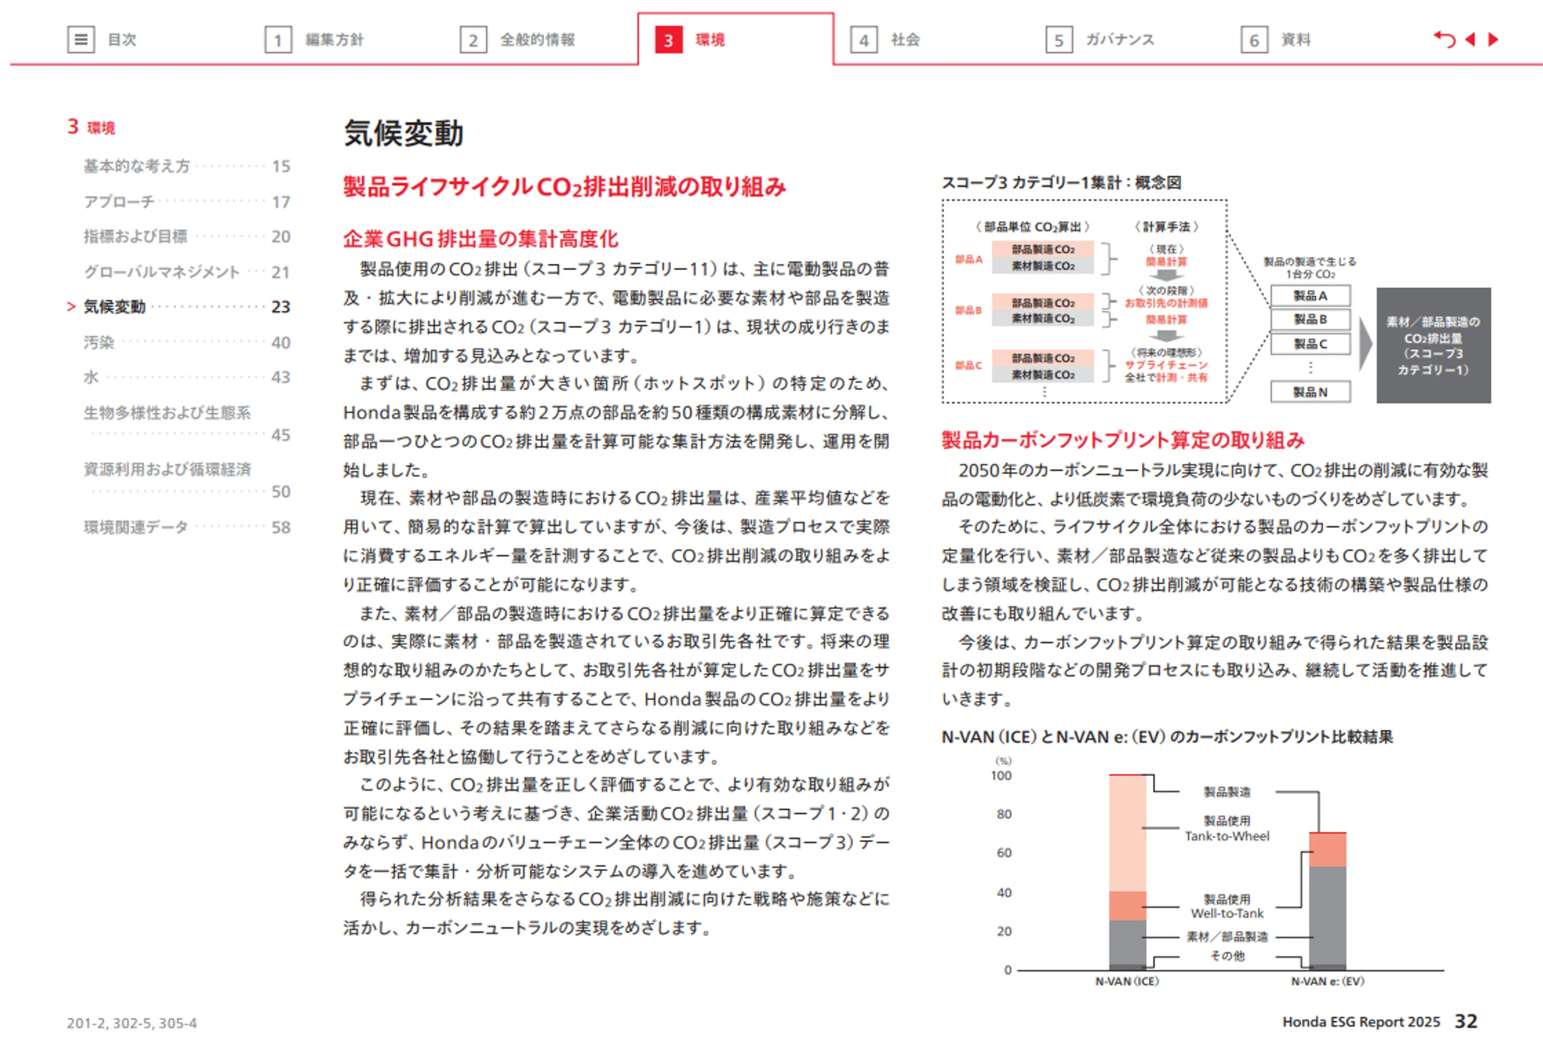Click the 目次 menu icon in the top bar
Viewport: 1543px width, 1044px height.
point(81,40)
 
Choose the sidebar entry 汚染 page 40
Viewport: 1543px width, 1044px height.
point(99,342)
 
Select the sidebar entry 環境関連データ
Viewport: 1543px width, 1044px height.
point(136,527)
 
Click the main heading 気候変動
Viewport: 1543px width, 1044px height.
point(403,134)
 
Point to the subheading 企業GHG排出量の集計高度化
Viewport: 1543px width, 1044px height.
point(480,238)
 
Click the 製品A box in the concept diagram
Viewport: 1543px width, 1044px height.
point(1310,296)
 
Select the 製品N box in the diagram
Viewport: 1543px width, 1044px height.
point(1310,391)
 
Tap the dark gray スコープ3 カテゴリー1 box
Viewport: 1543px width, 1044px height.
point(1433,345)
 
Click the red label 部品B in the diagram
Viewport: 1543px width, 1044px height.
point(968,310)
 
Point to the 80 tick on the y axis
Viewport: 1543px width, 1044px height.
point(1004,814)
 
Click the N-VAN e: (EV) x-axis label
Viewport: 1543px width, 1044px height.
point(1327,981)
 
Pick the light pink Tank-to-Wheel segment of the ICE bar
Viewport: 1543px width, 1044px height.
point(1128,833)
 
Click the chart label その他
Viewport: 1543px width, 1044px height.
point(1227,955)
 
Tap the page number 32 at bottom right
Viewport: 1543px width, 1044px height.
point(1466,1021)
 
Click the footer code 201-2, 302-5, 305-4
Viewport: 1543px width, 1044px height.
point(131,1023)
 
